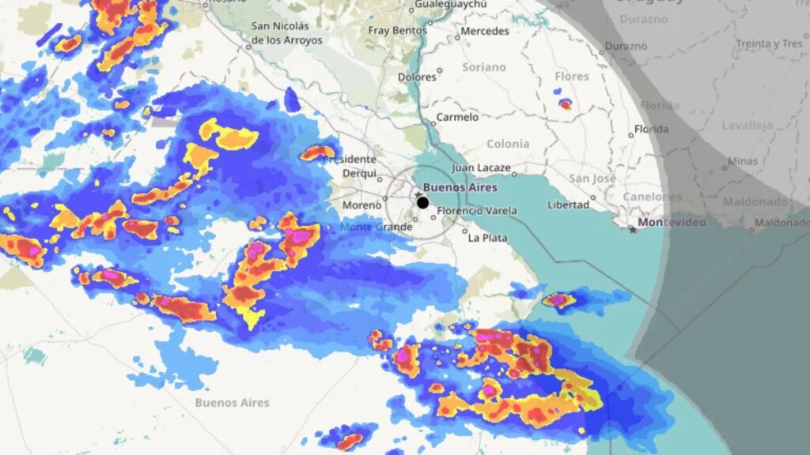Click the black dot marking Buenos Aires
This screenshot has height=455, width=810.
[x=422, y=203]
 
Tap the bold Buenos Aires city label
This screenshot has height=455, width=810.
[x=460, y=187]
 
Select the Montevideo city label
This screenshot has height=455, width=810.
[x=672, y=222]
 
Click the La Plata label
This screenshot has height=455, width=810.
[x=487, y=238]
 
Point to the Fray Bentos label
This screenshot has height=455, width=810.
[x=397, y=31]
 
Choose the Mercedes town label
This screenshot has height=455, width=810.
[x=484, y=31]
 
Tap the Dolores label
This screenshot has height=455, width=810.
[x=417, y=77]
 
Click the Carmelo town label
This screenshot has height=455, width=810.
[x=458, y=117]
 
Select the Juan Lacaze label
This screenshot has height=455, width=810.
[x=482, y=168]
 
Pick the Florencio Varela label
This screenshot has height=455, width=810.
[x=477, y=211]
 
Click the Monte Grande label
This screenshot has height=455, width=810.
[x=376, y=227]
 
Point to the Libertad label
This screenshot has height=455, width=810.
[x=568, y=205]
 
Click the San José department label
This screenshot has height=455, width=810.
[x=592, y=179]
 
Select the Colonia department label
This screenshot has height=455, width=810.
[x=508, y=144]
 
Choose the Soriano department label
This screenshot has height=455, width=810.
[x=483, y=67]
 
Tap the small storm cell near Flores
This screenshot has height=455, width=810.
[x=565, y=103]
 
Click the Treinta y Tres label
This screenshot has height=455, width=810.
[x=769, y=44]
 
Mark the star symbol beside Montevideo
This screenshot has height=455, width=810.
[x=631, y=229]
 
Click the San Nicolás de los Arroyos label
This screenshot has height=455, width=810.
[x=286, y=32]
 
